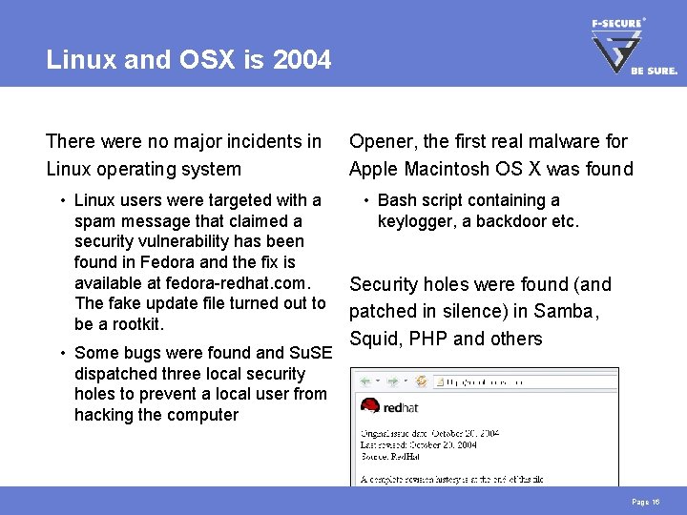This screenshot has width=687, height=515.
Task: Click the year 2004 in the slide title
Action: [x=302, y=61]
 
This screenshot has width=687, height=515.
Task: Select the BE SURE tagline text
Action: [x=655, y=71]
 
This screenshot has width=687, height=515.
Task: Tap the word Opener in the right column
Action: [x=382, y=141]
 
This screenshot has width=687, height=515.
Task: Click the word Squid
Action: [x=376, y=339]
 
